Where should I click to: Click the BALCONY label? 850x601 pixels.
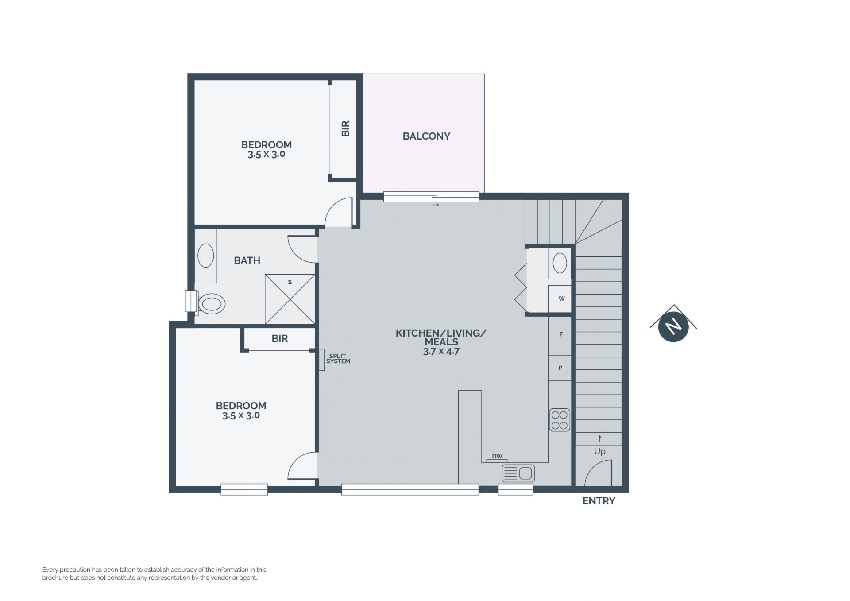[426, 136]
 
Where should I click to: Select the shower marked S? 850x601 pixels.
[290, 299]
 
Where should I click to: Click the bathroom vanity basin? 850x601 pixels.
[205, 256]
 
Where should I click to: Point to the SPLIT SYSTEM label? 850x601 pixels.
[338, 359]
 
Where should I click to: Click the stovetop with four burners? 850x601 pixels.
[560, 420]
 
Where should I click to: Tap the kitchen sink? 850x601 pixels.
[518, 473]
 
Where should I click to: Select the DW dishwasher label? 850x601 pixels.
[497, 456]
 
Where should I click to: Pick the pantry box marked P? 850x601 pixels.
[560, 368]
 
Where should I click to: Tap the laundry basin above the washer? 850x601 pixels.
[560, 263]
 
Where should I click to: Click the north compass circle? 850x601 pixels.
[673, 327]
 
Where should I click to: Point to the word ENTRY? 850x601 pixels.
[599, 501]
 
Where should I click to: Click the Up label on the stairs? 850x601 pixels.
[600, 451]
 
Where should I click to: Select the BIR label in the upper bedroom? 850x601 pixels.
[346, 128]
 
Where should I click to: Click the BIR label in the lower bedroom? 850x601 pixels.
[280, 339]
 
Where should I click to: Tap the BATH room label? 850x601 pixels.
[247, 260]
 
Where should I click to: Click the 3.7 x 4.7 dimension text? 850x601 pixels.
[441, 352]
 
